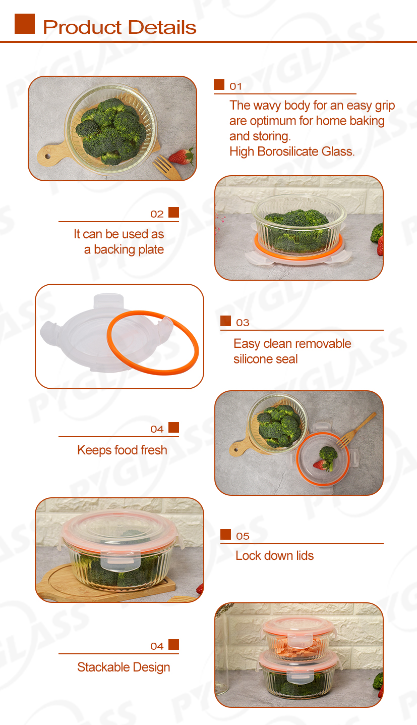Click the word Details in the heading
(162, 27)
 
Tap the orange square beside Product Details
(24, 24)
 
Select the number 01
(235, 86)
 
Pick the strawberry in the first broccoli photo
(182, 156)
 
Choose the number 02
(157, 214)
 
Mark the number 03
(243, 323)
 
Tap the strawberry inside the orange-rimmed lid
(319, 464)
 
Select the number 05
(243, 536)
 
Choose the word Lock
(248, 555)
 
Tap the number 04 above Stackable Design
(157, 646)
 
